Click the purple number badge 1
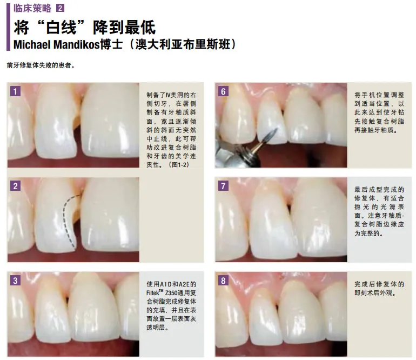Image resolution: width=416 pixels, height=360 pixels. pos(15,91)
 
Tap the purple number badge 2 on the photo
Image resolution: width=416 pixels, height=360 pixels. pos(15,186)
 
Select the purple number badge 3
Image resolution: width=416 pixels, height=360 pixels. pos(15,281)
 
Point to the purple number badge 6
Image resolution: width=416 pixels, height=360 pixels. pos(223,91)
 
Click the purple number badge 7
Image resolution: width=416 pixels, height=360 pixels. pos(223,186)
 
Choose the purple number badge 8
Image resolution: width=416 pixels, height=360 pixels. pos(223,281)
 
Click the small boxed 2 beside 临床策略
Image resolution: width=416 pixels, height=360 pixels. pos(60,8)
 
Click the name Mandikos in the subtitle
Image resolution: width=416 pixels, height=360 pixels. pos(76,45)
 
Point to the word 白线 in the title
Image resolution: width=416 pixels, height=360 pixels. pos(61,27)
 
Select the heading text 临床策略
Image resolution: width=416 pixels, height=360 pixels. pos(32,8)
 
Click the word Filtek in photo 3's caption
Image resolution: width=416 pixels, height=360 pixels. pos(152,293)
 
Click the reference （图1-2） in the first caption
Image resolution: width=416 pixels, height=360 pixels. pos(179,165)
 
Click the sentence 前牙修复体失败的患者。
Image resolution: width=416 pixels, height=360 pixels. pos(41,65)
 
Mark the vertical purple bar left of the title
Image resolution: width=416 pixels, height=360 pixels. pos(8,27)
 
